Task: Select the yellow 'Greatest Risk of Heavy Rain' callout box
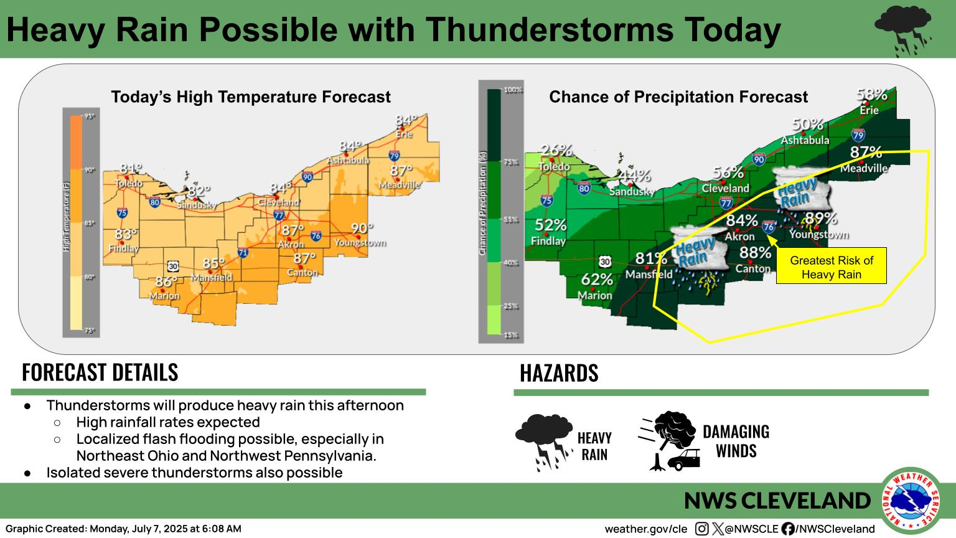point(831,267)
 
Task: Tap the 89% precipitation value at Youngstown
point(821,219)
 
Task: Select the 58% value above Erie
point(871,95)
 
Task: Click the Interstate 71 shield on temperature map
point(242,253)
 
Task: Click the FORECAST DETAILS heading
point(100,372)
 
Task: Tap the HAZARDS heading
point(558,373)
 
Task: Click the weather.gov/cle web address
point(645,529)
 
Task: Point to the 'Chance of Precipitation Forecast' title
point(678,97)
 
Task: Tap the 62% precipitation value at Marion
point(597,280)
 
